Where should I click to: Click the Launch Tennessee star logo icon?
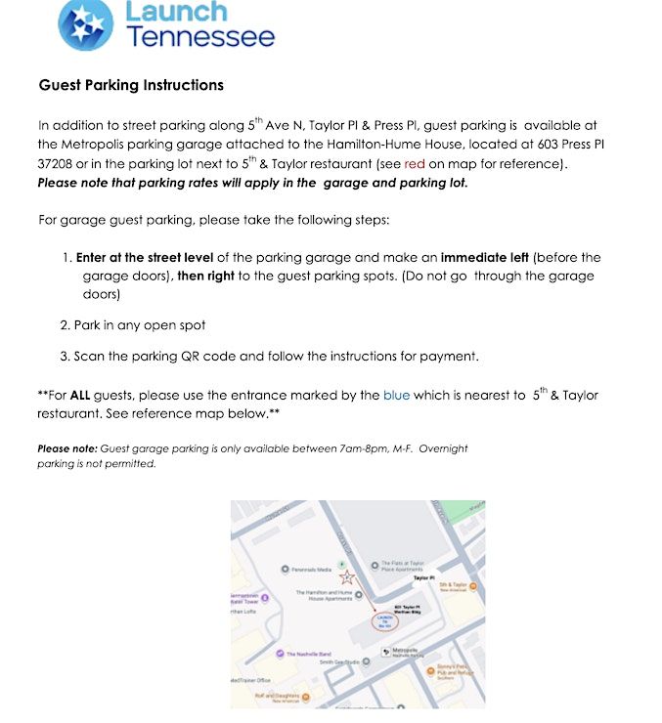[86, 25]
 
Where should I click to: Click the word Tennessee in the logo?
[201, 38]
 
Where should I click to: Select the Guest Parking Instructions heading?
[131, 85]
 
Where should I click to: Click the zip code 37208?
[58, 163]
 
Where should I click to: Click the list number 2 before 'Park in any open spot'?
[64, 324]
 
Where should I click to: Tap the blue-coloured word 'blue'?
[396, 395]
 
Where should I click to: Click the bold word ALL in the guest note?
[81, 395]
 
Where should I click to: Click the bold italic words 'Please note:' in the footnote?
[66, 448]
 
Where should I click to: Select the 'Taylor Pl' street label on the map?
[423, 578]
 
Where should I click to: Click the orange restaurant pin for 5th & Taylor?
[473, 586]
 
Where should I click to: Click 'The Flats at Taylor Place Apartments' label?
[402, 567]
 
